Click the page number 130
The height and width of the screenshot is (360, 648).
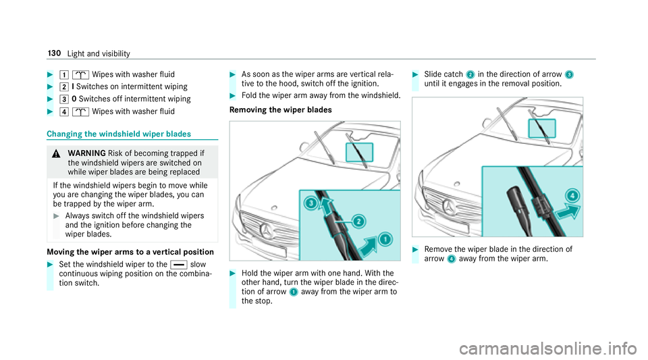coord(54,53)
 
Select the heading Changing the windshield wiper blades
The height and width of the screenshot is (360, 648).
coord(119,134)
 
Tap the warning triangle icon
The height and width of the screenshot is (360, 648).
coord(57,154)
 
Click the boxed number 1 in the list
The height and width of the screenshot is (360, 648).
coord(64,75)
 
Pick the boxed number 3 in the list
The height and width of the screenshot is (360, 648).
coord(64,99)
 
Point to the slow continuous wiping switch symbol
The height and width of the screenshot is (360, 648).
coord(178,265)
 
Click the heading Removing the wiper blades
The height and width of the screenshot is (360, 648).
coord(281,110)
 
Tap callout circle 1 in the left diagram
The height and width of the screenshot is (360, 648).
coord(385,239)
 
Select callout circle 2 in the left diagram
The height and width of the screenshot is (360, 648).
coord(358,221)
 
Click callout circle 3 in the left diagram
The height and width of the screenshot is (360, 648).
coord(310,203)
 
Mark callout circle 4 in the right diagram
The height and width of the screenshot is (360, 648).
coord(572,195)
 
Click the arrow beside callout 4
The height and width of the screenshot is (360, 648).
coord(567,211)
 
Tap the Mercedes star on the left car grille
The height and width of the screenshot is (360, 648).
coord(267,230)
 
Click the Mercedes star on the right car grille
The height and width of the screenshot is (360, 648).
coord(450,206)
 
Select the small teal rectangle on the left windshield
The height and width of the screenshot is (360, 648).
coord(360,152)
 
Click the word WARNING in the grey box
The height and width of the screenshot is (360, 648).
coord(87,153)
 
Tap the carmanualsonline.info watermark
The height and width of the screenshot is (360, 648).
coord(548,349)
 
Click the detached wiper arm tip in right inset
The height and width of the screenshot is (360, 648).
coord(518,209)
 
